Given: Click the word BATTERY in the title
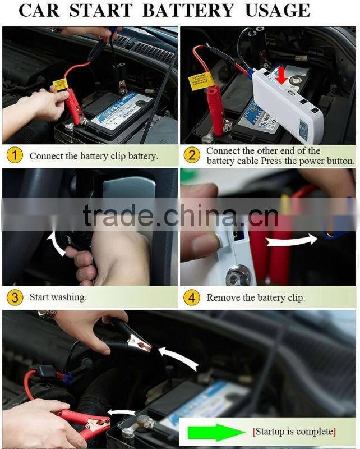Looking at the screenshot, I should coord(188,10).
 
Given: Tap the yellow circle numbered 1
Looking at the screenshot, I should coord(14,155).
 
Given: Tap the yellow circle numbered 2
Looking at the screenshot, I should coord(192,155).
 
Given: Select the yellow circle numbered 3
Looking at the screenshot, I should coord(14,297).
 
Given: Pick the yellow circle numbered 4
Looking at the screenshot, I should coord(192,297).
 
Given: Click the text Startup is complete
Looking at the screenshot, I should coord(294,431).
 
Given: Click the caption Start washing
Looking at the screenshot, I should coord(58,297).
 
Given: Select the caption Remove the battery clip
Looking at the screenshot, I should coord(256,297).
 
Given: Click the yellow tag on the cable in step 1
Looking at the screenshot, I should coord(60,85).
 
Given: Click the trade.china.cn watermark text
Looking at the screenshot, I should coord(180,216).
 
